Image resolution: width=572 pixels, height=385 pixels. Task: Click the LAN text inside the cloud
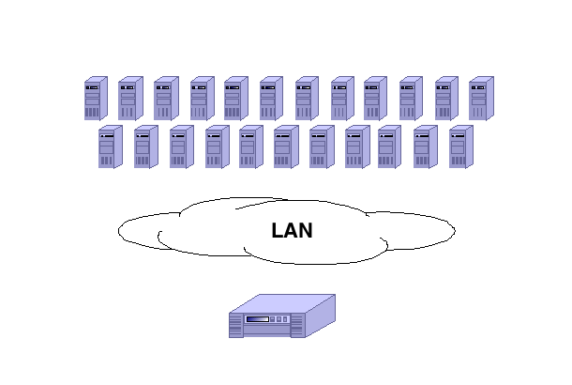(x=292, y=231)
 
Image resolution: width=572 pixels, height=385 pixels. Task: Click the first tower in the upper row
(x=96, y=99)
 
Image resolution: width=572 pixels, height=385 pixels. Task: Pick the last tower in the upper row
(x=480, y=99)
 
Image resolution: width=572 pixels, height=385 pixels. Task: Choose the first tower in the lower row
(x=110, y=147)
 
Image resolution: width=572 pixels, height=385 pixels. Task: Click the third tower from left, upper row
(x=165, y=99)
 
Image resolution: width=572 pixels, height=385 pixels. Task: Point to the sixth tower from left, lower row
(x=285, y=147)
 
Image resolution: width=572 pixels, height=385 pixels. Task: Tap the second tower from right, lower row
(x=425, y=147)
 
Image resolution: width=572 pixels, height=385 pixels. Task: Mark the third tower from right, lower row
(x=389, y=147)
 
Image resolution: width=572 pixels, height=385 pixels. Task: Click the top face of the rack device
(x=286, y=303)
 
